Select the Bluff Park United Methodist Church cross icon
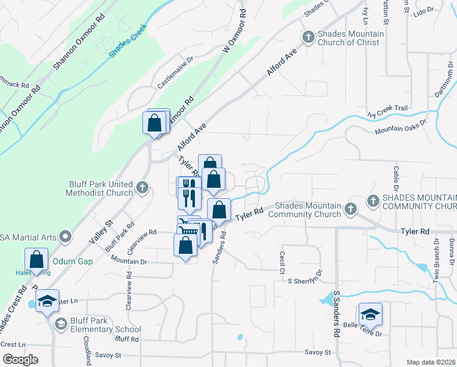(x=142, y=188)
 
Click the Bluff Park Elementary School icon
(x=60, y=324)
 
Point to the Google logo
(x=20, y=360)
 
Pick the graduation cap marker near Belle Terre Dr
(x=370, y=314)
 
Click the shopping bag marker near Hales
(x=37, y=259)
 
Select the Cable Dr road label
(x=396, y=177)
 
